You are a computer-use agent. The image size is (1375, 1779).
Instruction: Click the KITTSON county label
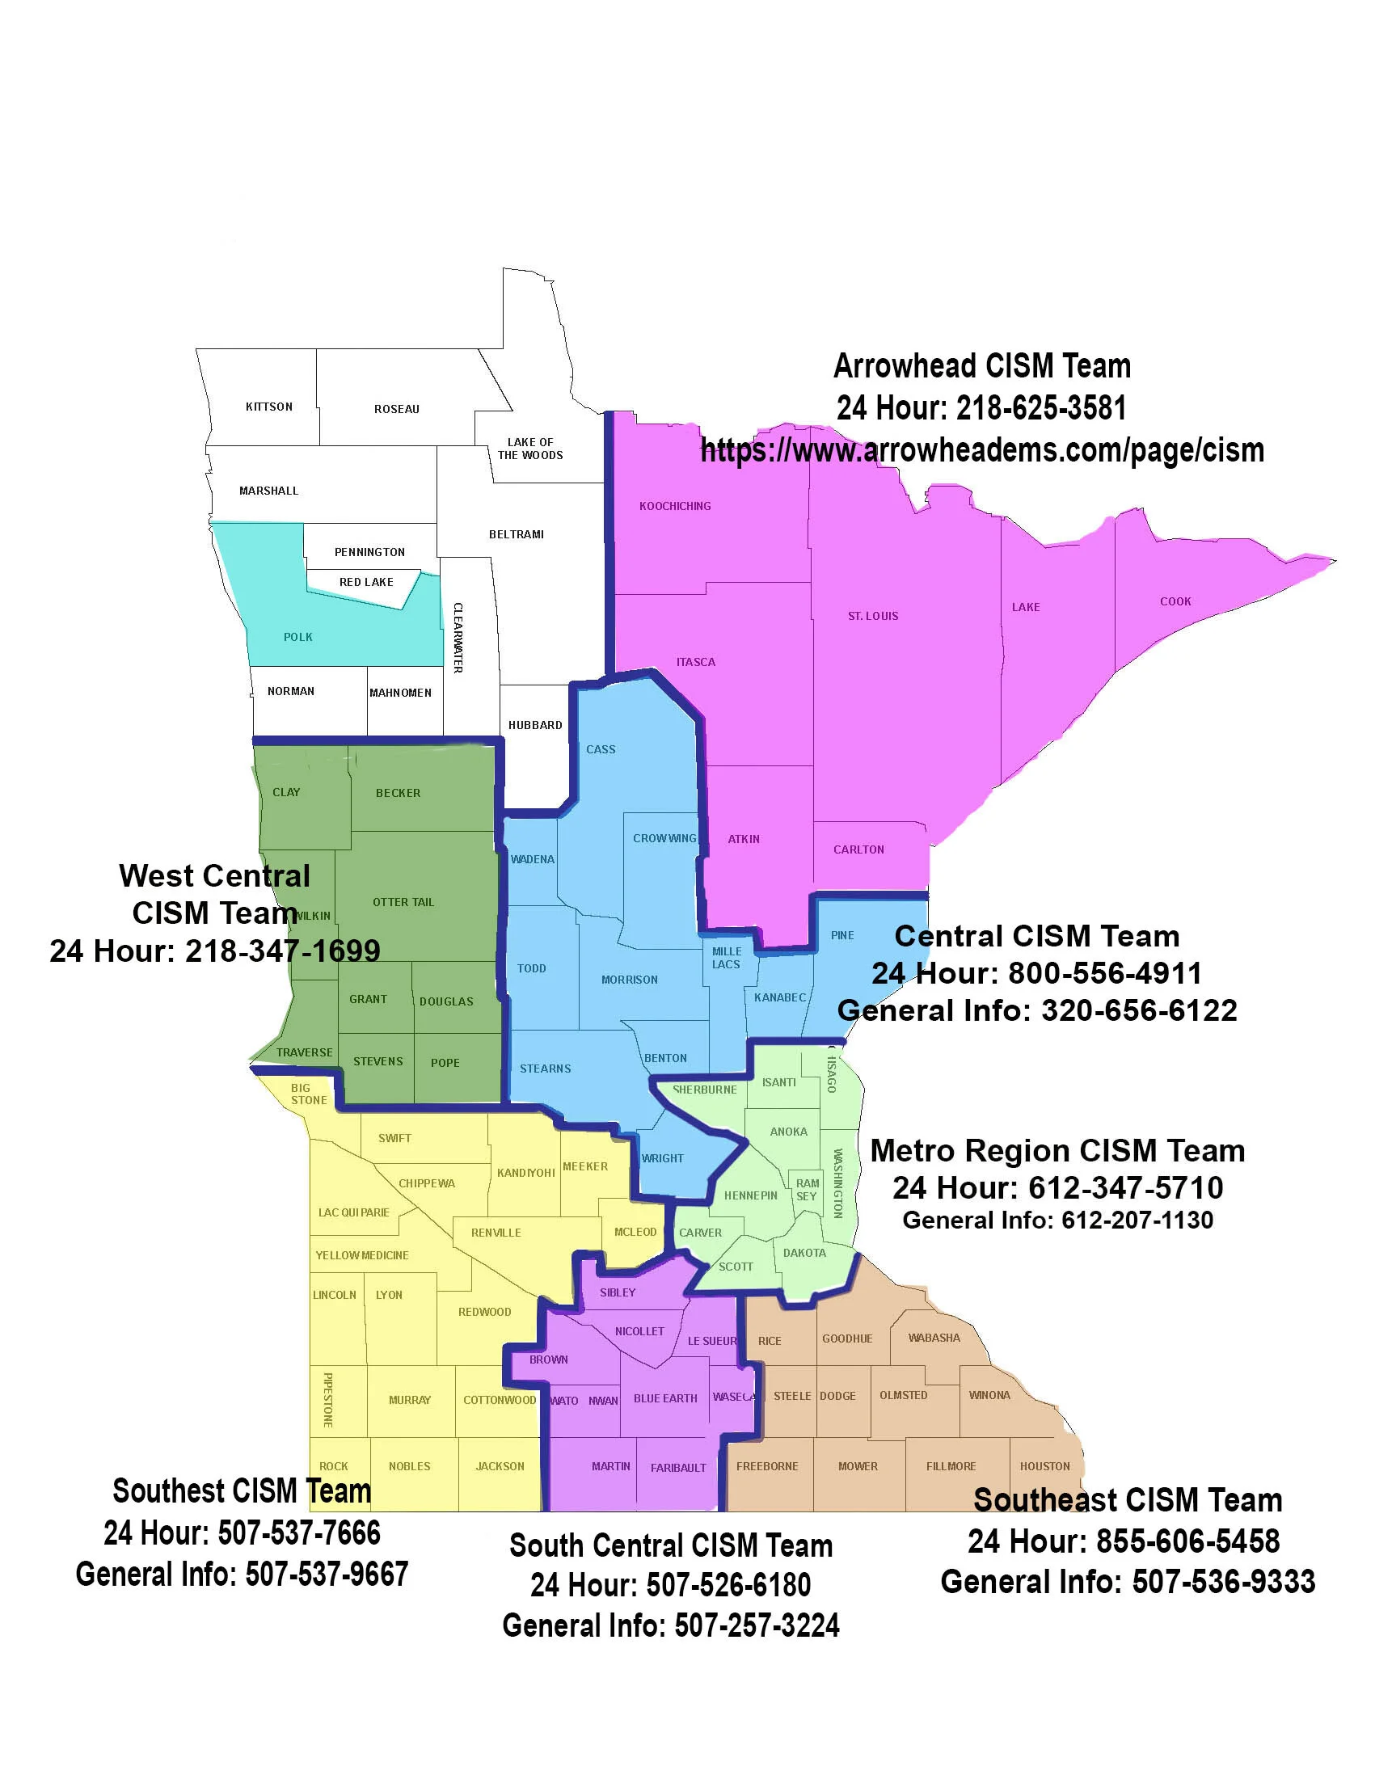coord(269,407)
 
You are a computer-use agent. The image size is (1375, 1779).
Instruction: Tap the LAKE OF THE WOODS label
coord(530,449)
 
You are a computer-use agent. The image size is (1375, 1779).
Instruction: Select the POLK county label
coord(298,637)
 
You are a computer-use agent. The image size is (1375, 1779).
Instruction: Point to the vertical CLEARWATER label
coord(458,637)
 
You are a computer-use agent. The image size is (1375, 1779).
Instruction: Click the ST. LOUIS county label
coord(873,616)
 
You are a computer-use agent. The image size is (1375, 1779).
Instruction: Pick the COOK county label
coord(1175,601)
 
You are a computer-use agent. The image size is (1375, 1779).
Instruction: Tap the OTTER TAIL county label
coord(403,902)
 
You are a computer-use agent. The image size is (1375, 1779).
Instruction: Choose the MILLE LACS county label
coord(726,958)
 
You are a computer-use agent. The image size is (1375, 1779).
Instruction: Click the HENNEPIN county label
coord(750,1195)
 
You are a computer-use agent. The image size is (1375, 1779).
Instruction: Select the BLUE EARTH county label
coord(665,1397)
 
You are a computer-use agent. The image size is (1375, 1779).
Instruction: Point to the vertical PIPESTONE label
coord(327,1399)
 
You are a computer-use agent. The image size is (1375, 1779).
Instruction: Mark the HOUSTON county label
coord(1044,1466)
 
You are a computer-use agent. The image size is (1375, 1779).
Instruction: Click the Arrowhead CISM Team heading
coord(981,367)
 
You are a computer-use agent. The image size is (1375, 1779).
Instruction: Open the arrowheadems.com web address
coord(981,450)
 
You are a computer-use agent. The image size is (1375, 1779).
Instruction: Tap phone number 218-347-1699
coord(283,951)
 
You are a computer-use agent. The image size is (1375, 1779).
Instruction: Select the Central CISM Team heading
coord(1037,936)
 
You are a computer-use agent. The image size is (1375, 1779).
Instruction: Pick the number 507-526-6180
coord(728,1585)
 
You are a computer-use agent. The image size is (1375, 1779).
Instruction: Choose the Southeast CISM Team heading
coord(1128,1499)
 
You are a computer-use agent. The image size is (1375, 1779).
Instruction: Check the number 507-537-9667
coord(326,1575)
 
